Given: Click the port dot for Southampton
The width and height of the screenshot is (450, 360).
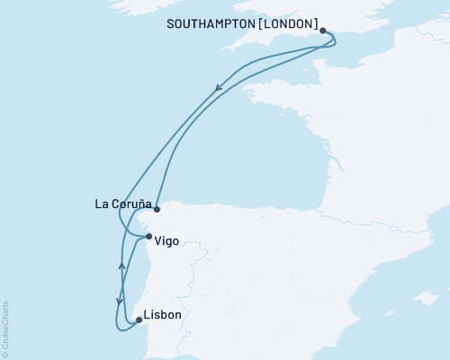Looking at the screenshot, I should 323,30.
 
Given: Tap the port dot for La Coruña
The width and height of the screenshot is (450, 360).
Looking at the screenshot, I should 157,209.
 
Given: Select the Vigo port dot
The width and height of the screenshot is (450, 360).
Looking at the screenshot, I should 148,237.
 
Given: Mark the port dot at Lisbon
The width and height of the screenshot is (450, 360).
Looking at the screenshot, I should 138,319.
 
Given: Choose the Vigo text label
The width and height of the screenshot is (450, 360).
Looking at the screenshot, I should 166,240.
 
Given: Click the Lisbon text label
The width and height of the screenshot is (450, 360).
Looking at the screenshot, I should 162,315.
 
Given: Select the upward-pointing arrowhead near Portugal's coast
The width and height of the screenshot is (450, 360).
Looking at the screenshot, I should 121,265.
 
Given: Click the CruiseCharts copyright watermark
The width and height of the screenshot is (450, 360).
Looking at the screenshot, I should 5,328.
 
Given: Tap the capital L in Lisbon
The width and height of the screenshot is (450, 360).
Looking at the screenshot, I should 148,315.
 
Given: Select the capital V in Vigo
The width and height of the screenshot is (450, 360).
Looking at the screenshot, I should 157,240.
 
